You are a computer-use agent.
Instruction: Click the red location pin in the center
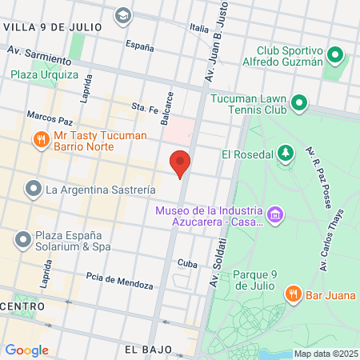click(x=181, y=162)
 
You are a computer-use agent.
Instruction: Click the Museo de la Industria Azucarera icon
click(x=275, y=214)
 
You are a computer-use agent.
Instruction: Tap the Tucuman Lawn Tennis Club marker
click(x=299, y=102)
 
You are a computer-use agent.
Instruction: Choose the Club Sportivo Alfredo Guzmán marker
click(x=336, y=55)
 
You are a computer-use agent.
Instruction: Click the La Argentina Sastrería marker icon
click(x=33, y=190)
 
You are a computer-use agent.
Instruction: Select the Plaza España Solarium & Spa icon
click(x=22, y=238)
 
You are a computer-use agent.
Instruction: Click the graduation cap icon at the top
click(x=122, y=14)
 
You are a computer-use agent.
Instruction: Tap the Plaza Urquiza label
click(x=45, y=74)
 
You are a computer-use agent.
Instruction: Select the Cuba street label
click(x=187, y=263)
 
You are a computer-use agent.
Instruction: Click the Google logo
click(x=26, y=350)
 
